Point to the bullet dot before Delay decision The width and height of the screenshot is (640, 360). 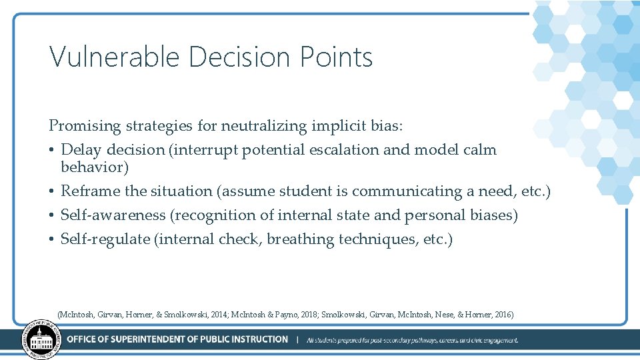(52, 149)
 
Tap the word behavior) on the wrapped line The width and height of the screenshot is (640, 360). (95, 167)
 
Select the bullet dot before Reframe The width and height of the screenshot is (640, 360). (52, 191)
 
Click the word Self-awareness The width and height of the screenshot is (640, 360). (111, 215)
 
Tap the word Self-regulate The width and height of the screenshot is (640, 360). (105, 239)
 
